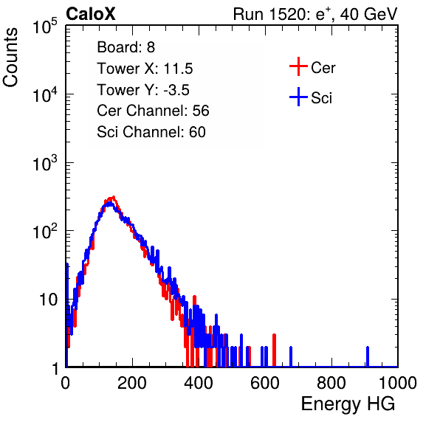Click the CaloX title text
91,14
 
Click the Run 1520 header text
315,14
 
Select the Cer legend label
323,68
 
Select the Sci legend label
322,98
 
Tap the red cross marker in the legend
298,66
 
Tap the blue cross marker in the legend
298,97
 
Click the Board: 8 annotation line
126,47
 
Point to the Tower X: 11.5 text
145,69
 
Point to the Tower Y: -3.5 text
143,90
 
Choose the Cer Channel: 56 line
153,111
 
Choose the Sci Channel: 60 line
151,132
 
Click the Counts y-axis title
10,58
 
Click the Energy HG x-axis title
348,404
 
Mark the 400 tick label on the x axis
199,383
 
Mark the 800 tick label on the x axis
331,383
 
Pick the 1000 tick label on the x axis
398,383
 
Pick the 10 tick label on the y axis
48,300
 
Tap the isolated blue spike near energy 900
368,356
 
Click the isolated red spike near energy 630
274,350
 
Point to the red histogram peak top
114,197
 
